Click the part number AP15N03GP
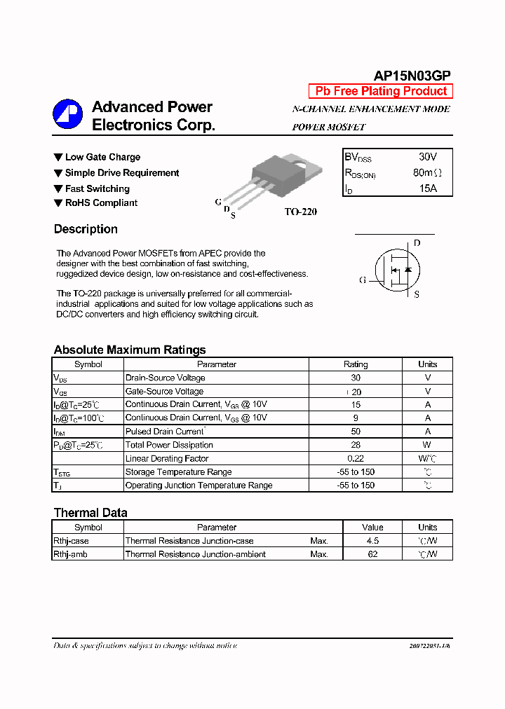[x=412, y=76]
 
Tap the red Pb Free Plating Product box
[x=381, y=91]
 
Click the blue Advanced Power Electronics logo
[x=67, y=114]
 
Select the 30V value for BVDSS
[x=427, y=157]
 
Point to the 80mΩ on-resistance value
[x=427, y=173]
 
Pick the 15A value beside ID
[x=427, y=188]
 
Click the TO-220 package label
[x=300, y=212]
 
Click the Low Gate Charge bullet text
[x=102, y=157]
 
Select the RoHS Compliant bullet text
[x=101, y=203]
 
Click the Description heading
[x=86, y=229]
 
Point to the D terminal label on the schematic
[x=417, y=243]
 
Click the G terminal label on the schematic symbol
[x=363, y=280]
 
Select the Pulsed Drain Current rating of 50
[x=356, y=432]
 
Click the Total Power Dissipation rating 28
[x=356, y=445]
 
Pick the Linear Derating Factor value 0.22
[x=356, y=458]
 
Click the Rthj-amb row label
[x=71, y=554]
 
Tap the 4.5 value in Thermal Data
[x=372, y=541]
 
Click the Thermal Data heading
[x=90, y=513]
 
